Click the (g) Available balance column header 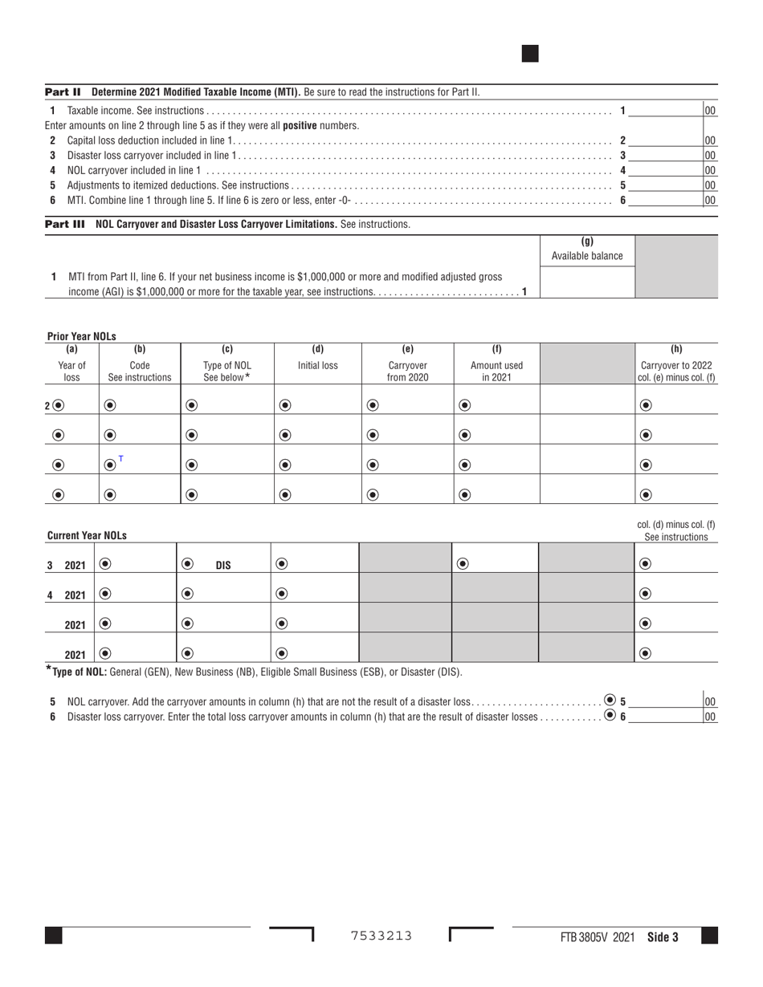pos(586,249)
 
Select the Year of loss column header pos(71,371)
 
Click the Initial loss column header pos(317,365)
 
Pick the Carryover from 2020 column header pos(407,371)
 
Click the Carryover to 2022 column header pos(676,371)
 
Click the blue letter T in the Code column pos(121,459)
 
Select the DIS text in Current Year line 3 pos(223,565)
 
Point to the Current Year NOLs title pos(87,535)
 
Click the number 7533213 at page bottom pos(381,936)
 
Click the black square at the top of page pos(530,54)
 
